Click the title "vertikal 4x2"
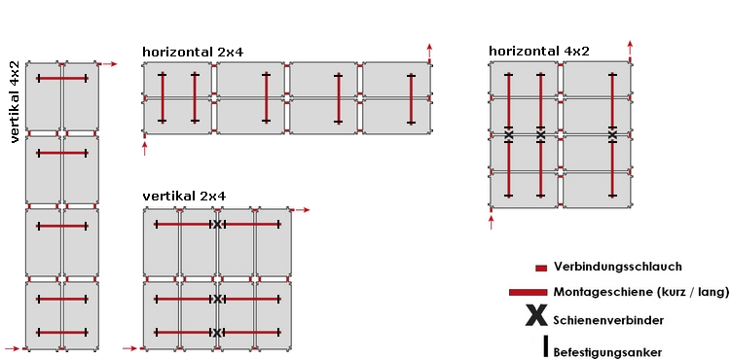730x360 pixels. pos(15,102)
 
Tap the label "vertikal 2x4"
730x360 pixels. pos(184,196)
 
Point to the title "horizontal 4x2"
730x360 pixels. pos(538,51)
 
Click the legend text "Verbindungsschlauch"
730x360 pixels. pos(617,267)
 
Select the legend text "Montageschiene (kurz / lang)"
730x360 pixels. pos(640,292)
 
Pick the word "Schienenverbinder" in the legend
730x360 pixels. pos(608,319)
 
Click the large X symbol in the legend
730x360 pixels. pos(534,315)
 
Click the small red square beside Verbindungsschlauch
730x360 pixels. pos(540,268)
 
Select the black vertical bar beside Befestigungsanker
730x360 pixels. pos(546,345)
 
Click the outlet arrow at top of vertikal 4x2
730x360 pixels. pos(108,64)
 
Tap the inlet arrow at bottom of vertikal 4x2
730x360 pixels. pos(13,347)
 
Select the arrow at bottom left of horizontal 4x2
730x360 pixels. pos(492,223)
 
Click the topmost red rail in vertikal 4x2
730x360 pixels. pos(62,78)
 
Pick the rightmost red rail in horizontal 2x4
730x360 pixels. pos(411,97)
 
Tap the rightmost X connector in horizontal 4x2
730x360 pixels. pos(612,134)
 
